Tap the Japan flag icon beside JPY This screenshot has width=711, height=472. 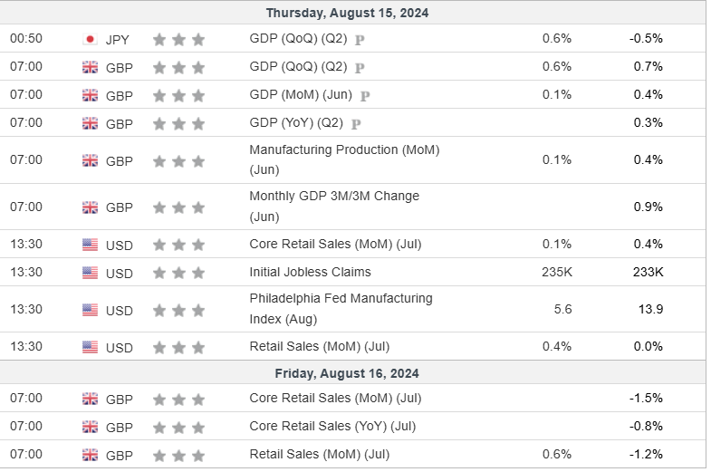(x=90, y=39)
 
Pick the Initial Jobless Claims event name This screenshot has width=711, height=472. (x=310, y=272)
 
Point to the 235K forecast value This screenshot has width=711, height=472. (x=556, y=272)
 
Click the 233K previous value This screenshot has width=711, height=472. (x=648, y=272)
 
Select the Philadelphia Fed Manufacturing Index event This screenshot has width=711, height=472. (x=341, y=308)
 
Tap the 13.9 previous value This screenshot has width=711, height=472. (x=650, y=309)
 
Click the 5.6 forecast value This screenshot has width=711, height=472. (x=562, y=309)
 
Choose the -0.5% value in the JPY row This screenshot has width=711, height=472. (x=646, y=38)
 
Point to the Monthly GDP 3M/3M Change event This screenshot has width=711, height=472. (x=333, y=206)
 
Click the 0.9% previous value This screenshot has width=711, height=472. (x=649, y=207)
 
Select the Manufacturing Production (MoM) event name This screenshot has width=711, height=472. (x=343, y=159)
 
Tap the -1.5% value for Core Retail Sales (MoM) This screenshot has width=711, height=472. (x=646, y=398)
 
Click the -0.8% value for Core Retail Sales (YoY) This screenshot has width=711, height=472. (x=646, y=426)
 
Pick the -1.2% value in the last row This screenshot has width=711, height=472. (x=646, y=454)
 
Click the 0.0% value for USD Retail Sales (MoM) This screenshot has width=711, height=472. (x=648, y=346)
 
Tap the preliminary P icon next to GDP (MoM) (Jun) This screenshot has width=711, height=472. (x=365, y=95)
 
